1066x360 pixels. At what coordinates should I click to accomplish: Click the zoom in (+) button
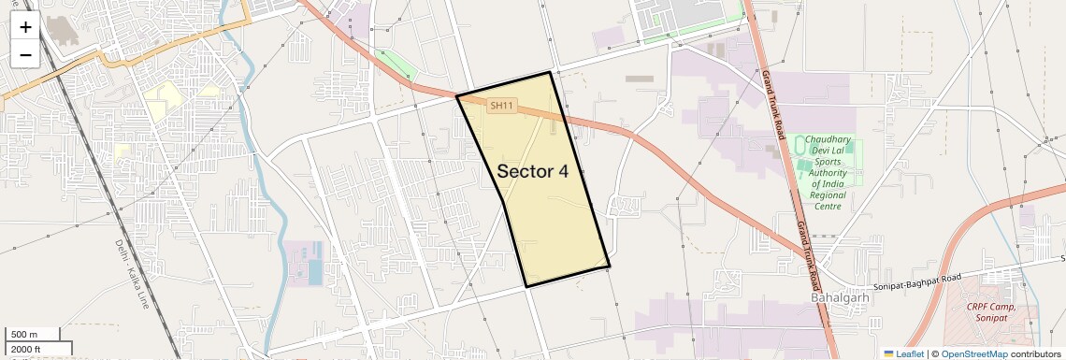tap(25, 26)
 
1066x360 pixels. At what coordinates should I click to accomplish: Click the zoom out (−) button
tap(25, 54)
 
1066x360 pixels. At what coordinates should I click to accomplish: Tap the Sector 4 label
tap(532, 171)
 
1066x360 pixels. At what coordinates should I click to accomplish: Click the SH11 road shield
tap(502, 106)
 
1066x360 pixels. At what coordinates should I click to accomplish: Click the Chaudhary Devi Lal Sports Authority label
tap(827, 172)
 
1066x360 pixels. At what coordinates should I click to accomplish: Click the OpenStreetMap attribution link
tap(974, 353)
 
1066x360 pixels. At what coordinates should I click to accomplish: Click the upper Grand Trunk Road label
tap(772, 105)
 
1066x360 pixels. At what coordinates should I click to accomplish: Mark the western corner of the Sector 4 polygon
tap(456, 95)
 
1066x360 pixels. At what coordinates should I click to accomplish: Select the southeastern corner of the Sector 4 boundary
tap(609, 266)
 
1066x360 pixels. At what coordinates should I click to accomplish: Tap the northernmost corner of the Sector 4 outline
tap(550, 72)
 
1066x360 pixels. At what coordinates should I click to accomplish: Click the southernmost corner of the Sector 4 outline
tap(526, 286)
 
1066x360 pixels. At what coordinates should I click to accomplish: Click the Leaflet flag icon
tap(889, 353)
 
